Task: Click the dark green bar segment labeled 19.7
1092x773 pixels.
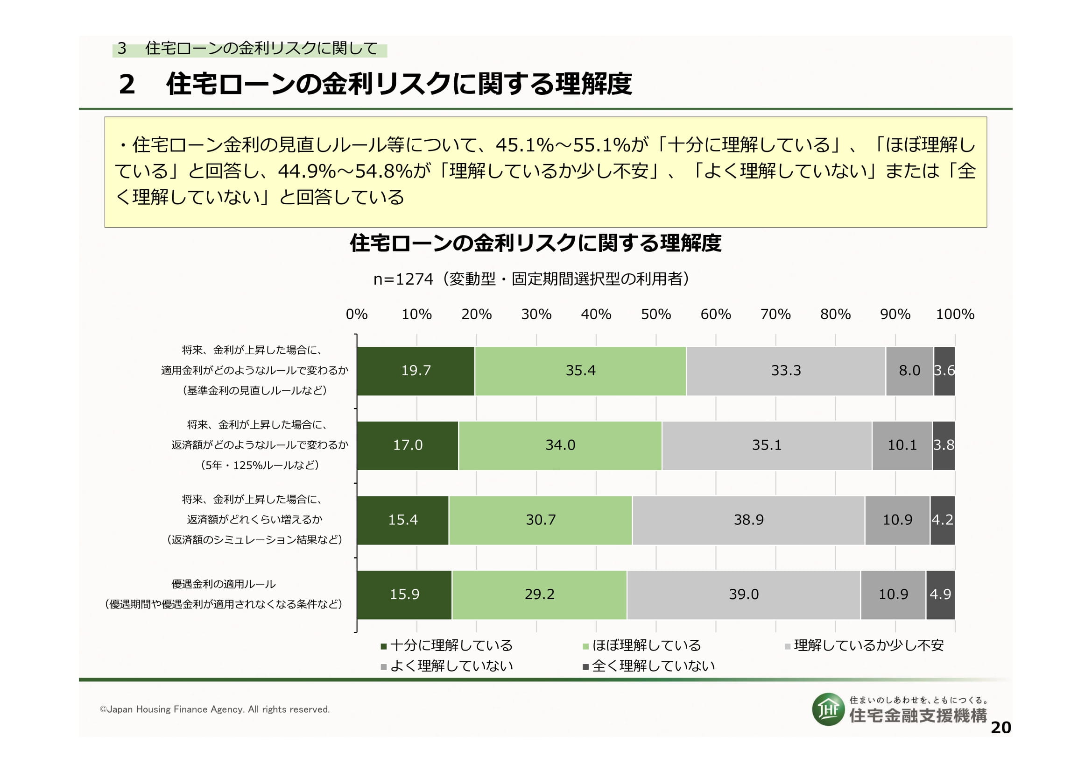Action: [416, 371]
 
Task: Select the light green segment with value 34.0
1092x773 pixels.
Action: [560, 445]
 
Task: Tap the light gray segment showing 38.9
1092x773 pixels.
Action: [748, 520]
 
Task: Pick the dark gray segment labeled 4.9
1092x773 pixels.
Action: [940, 594]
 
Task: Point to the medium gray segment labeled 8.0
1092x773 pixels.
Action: [909, 371]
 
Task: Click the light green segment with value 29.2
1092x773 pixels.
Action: [539, 594]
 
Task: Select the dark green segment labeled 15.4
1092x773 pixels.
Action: [402, 520]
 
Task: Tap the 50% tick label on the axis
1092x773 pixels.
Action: [655, 314]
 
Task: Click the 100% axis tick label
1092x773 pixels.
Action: [955, 314]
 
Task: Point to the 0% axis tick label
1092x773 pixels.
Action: [356, 314]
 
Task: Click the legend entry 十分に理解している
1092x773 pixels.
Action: [447, 645]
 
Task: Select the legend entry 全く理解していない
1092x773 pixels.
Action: [649, 666]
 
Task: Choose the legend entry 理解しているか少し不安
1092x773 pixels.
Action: [864, 645]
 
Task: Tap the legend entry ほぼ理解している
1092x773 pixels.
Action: [641, 645]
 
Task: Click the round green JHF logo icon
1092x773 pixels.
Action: [828, 709]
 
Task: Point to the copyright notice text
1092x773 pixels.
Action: [214, 709]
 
